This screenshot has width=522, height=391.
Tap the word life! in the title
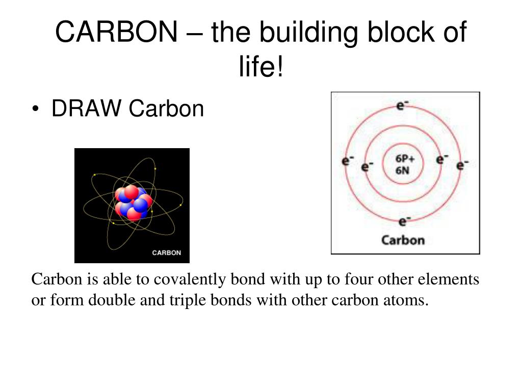260,68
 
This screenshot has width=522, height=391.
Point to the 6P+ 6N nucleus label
405,164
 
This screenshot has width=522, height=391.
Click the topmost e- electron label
403,105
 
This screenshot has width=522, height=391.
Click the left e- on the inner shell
367,166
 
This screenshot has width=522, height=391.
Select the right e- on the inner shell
442,159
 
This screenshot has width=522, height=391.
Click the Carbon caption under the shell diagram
403,240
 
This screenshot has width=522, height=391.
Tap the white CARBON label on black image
166,253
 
